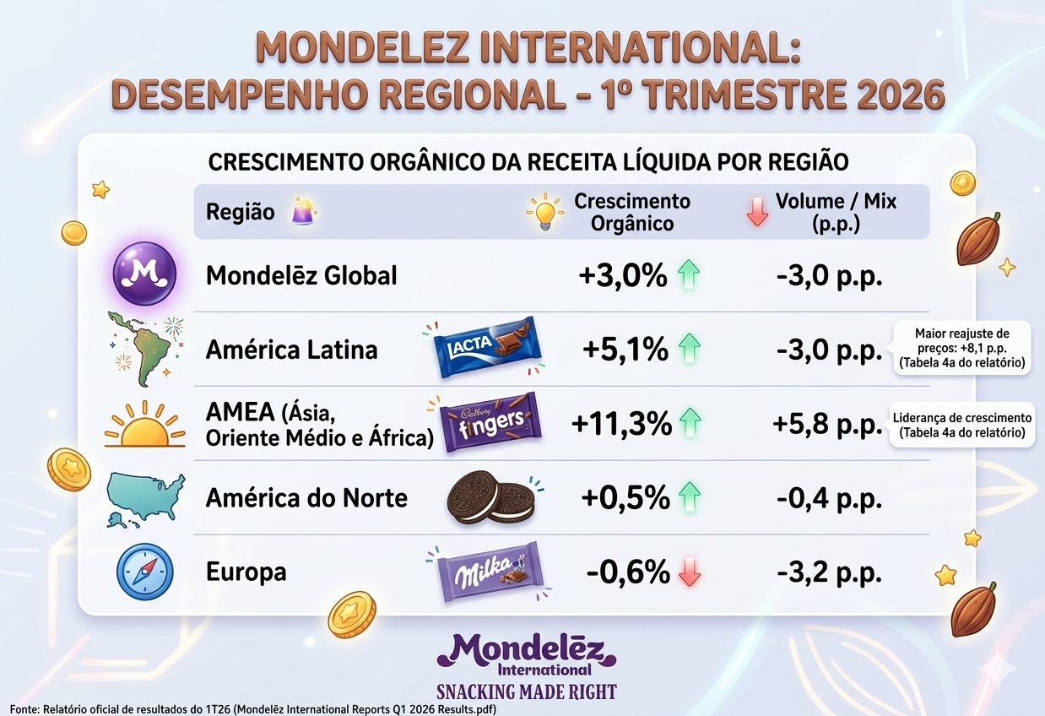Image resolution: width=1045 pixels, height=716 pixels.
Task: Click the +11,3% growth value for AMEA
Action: click(x=622, y=424)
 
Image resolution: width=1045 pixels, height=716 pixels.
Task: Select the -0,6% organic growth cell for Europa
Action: click(x=628, y=572)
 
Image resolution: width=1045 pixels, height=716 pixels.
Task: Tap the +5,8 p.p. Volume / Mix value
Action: click(x=828, y=424)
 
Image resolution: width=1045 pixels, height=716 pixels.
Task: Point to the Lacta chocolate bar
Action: click(x=485, y=347)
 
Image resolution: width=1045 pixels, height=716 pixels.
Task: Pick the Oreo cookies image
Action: click(x=489, y=498)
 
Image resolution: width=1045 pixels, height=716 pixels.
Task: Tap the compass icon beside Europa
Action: click(x=144, y=572)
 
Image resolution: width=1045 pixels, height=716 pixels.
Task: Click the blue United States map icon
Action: click(x=145, y=498)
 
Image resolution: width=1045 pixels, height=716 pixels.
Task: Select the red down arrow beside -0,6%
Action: click(x=690, y=573)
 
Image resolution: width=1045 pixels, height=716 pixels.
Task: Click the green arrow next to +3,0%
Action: click(x=690, y=275)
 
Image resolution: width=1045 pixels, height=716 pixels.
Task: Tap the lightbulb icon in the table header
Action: click(x=544, y=211)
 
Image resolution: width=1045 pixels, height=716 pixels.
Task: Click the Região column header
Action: click(x=240, y=212)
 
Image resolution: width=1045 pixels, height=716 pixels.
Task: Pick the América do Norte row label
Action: click(x=306, y=498)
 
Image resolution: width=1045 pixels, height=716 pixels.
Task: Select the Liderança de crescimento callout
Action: click(x=961, y=425)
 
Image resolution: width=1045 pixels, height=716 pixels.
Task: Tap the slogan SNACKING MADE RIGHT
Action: click(x=526, y=692)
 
